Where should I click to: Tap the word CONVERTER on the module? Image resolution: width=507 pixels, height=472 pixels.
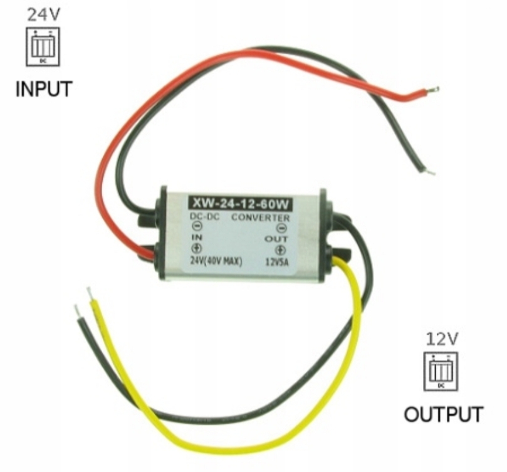click(261, 218)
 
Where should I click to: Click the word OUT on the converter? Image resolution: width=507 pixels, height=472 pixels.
click(276, 239)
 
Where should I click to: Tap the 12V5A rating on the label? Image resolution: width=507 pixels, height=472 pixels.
click(276, 261)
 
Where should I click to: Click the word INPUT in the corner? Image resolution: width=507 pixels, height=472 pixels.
click(43, 88)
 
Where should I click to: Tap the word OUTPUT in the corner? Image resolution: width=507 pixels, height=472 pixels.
click(444, 414)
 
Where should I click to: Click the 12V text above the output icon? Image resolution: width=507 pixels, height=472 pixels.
click(442, 339)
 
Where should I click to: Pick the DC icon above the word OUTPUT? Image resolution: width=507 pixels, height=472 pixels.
click(441, 372)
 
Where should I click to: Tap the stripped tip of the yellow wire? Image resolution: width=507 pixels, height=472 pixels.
click(90, 294)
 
